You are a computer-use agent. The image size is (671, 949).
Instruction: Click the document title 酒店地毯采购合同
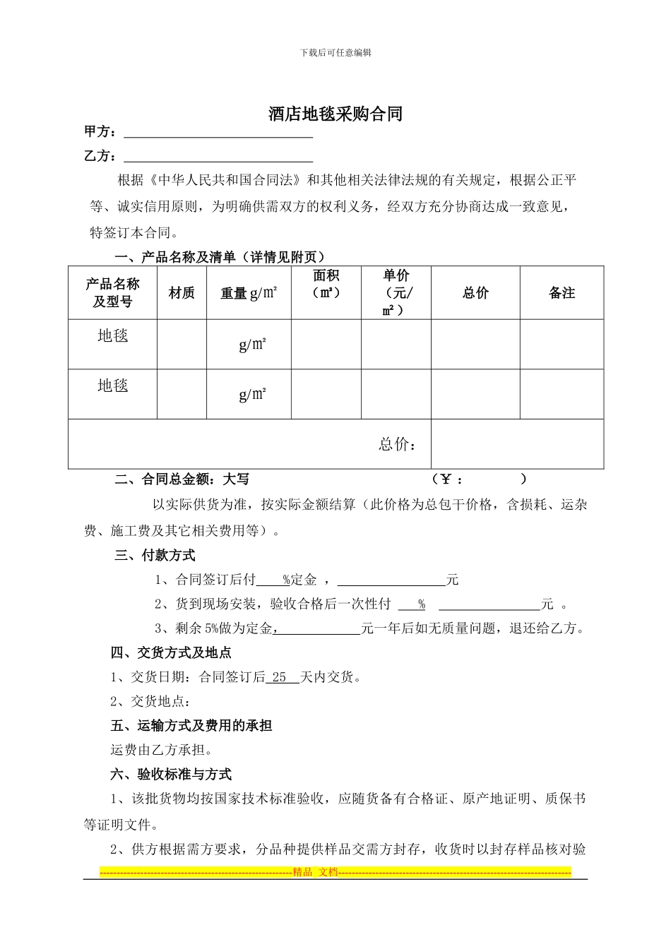point(335,114)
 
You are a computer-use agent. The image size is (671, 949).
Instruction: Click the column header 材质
point(182,293)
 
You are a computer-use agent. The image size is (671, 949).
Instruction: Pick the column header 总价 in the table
point(475,293)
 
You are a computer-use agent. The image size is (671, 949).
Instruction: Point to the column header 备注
point(562,293)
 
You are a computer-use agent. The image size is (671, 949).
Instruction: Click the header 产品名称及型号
point(112,293)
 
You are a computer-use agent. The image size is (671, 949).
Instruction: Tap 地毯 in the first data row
point(112,335)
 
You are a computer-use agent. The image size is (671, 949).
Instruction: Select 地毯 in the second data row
point(112,386)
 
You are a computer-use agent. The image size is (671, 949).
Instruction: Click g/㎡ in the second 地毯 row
point(252,394)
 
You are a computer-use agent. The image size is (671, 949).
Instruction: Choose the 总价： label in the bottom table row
point(397,444)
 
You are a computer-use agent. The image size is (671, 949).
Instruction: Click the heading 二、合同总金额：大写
point(182,479)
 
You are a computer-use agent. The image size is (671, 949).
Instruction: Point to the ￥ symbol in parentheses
point(446,479)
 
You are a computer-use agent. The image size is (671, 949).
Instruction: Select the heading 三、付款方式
point(155,556)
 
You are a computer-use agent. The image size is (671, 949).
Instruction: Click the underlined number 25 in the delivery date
point(279,677)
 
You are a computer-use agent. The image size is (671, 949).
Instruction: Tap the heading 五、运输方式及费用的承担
point(191,726)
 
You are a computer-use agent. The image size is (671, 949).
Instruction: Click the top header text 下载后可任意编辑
point(335,52)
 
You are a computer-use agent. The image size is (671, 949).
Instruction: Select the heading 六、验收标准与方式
point(171,775)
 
